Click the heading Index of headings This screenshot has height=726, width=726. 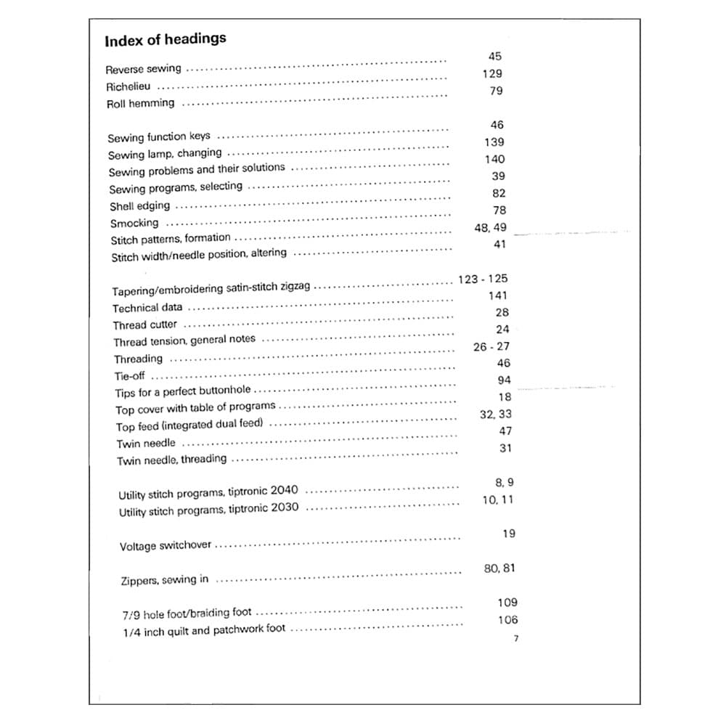coord(165,40)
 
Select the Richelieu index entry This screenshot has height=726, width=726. coord(129,86)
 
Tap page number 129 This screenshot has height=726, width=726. coord(492,73)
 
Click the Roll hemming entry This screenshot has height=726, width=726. coord(141,103)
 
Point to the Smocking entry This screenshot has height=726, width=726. coord(134,223)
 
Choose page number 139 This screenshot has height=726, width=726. coord(494,142)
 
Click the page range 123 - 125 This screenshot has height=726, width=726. coord(483,279)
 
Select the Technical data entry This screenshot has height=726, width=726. coord(147,307)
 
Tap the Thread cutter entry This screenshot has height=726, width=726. coord(144,325)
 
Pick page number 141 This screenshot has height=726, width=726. coord(498,295)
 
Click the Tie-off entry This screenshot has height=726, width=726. coord(130,376)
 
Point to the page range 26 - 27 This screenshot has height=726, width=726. coord(492,346)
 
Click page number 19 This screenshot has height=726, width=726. coord(508,534)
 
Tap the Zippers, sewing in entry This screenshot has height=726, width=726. coord(164,579)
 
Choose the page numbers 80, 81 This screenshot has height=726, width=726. coord(499,568)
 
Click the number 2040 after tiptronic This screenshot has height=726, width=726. coord(284,491)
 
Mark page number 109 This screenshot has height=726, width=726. coord(507,602)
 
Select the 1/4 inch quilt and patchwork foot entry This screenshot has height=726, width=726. coord(204,630)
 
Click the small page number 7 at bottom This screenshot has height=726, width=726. coord(515,639)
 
